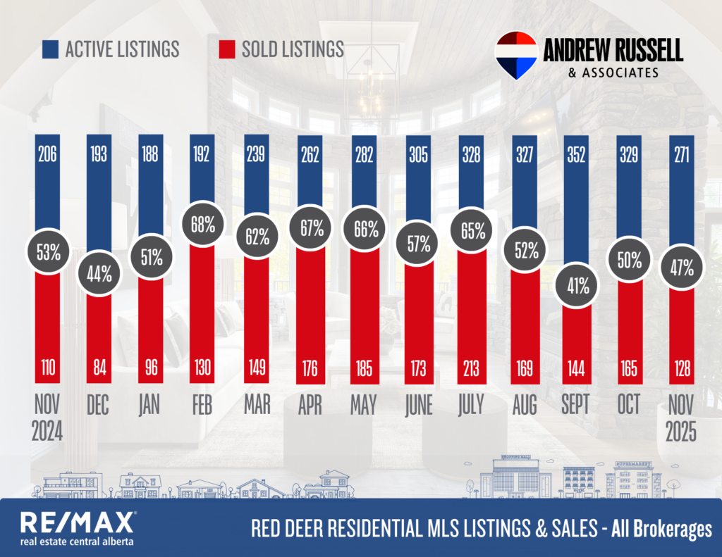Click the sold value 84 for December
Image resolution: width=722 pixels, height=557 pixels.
(99, 367)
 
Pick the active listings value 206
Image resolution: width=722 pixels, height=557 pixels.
(47, 154)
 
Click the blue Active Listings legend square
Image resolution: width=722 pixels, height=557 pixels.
(49, 49)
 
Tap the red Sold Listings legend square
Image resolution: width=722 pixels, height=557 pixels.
(226, 49)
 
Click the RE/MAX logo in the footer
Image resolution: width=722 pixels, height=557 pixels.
(78, 522)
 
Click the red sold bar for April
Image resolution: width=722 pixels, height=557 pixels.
(310, 310)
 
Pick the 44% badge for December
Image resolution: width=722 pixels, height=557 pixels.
(99, 274)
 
